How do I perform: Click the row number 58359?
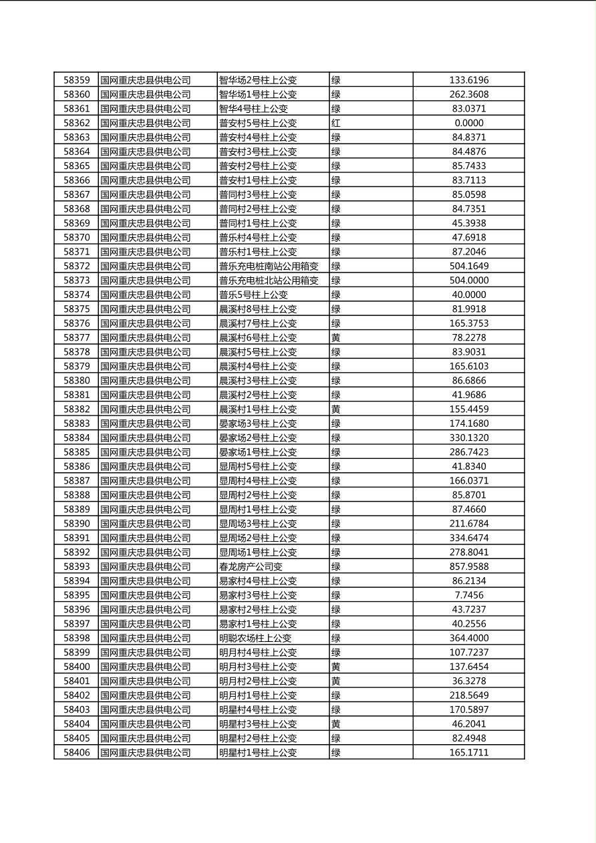(76, 80)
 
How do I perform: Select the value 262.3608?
(468, 95)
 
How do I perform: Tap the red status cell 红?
(336, 123)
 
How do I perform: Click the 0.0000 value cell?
(468, 123)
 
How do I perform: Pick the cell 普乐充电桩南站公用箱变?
(269, 267)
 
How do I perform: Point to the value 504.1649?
(468, 267)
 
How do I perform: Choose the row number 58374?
(76, 295)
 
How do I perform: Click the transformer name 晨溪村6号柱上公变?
(258, 338)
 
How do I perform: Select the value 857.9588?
(468, 566)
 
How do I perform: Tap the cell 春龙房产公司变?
(251, 566)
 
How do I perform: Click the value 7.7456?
(468, 595)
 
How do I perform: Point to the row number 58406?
(76, 753)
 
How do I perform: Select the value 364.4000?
(468, 638)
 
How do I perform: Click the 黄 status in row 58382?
(336, 409)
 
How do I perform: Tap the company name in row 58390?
(146, 524)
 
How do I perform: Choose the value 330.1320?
(468, 438)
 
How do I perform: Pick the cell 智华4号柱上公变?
(253, 109)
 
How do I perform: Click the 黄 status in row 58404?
(336, 724)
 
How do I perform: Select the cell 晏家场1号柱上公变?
(258, 452)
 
